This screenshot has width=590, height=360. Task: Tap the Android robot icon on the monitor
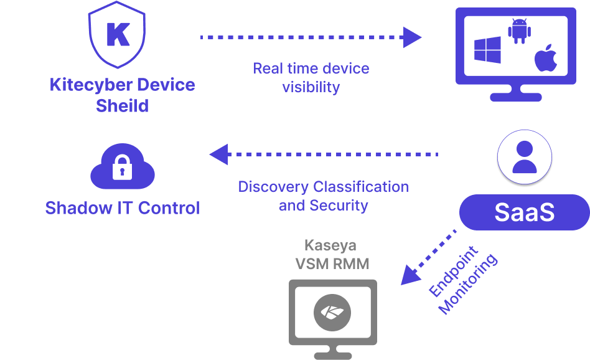[x=518, y=31]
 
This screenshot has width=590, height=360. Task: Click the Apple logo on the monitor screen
[x=545, y=57]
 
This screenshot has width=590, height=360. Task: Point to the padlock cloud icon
[x=122, y=168]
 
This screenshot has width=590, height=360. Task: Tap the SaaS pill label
[x=524, y=212]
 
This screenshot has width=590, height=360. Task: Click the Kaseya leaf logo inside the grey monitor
[x=332, y=311]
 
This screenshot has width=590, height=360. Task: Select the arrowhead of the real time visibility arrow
[x=413, y=37]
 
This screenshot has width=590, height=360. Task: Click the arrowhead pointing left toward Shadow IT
[x=218, y=154]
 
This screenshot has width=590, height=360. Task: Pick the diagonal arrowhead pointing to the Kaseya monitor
[x=408, y=275]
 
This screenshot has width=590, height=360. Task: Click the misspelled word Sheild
[x=122, y=106]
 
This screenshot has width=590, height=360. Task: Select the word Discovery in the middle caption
[x=273, y=187]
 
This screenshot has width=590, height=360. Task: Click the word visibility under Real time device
[x=311, y=87]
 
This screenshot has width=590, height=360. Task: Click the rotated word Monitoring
[x=469, y=284]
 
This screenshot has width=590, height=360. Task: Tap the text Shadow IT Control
[x=122, y=208]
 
